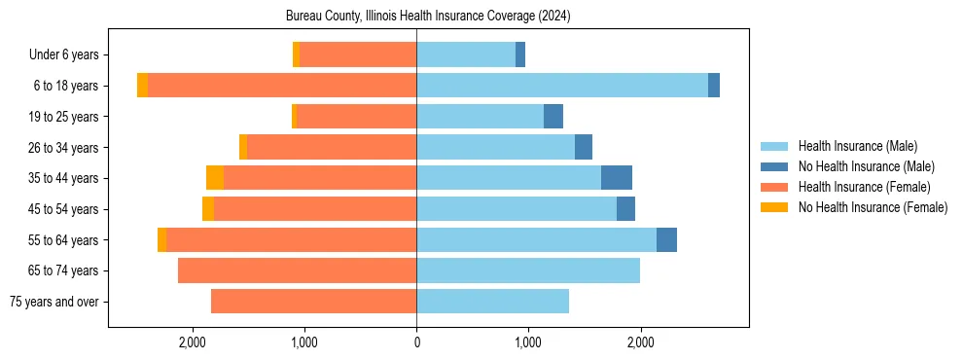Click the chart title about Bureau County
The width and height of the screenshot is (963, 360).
pyautogui.click(x=428, y=17)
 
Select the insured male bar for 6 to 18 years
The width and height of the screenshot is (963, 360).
pyautogui.click(x=562, y=86)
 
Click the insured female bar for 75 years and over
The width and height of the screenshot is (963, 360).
pyautogui.click(x=313, y=302)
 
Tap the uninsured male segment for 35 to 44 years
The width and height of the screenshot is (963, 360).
pyautogui.click(x=617, y=178)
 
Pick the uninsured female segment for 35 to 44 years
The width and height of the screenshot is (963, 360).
pyautogui.click(x=215, y=178)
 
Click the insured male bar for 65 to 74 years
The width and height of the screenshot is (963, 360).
pyautogui.click(x=528, y=270)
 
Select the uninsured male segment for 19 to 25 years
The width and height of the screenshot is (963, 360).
pyautogui.click(x=553, y=117)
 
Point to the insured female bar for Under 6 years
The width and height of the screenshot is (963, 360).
pyautogui.click(x=358, y=54)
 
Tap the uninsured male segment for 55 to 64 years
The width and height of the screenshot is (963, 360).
pyautogui.click(x=666, y=239)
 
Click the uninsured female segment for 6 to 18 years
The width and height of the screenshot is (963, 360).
pyautogui.click(x=143, y=86)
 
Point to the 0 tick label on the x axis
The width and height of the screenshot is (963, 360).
pyautogui.click(x=416, y=342)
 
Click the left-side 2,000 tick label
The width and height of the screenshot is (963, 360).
pyautogui.click(x=193, y=342)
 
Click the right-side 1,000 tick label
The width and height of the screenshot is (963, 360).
pyautogui.click(x=528, y=342)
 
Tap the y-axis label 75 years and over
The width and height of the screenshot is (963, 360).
pyautogui.click(x=54, y=302)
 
